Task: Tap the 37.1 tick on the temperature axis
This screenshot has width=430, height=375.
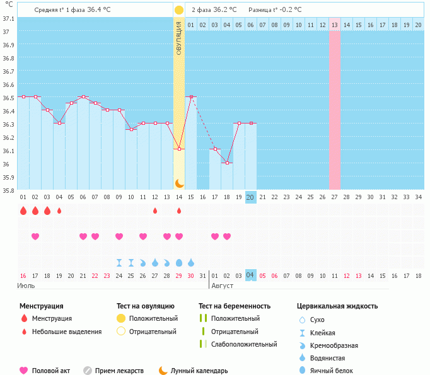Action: pos(8,19)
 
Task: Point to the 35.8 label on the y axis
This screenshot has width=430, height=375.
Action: pos(8,190)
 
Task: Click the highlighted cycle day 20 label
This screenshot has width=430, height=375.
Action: pos(250,197)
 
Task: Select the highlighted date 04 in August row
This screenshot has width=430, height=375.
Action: pos(250,275)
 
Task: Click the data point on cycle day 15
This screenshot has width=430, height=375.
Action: pos(191,97)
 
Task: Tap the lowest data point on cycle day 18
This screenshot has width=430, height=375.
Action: pos(227,163)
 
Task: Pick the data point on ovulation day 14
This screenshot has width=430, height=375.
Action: pos(179,149)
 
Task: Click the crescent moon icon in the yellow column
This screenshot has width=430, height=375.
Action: pos(179,183)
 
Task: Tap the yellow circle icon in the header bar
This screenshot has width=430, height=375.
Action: pos(179,10)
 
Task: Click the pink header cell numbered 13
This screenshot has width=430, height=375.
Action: pos(334,25)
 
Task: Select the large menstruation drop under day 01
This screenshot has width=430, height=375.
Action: pos(23,211)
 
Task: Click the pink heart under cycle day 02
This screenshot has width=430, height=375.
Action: pos(35,236)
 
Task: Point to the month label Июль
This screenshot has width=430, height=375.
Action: pos(26,286)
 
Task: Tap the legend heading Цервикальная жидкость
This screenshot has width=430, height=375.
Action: pos(337,306)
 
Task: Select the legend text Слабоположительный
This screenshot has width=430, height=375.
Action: pos(244,344)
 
